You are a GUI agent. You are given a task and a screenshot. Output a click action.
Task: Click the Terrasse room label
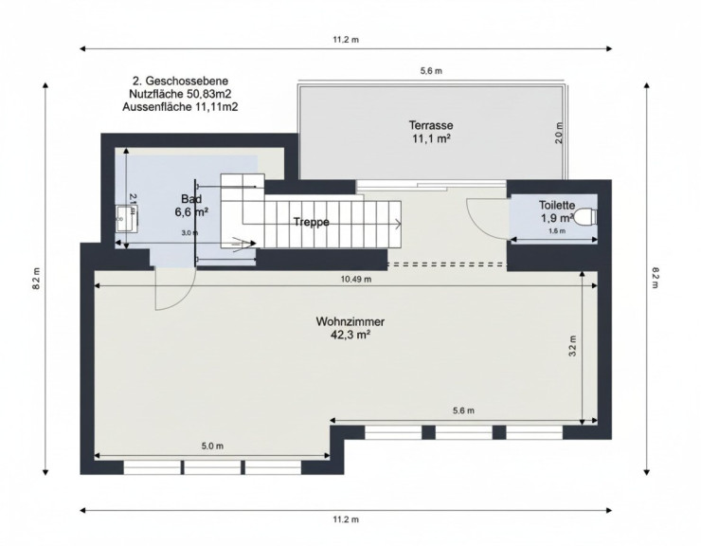[430, 125]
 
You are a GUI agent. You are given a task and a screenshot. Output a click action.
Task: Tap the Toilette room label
[557, 206]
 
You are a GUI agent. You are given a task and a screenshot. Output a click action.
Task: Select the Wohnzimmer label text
[350, 321]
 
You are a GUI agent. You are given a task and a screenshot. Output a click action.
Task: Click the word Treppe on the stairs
[312, 222]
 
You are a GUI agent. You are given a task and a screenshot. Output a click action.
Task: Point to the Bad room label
[191, 199]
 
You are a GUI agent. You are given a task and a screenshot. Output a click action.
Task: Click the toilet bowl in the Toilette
[586, 217]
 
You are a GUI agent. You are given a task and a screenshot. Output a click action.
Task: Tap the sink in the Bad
[127, 218]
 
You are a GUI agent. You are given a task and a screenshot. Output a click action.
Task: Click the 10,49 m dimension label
[356, 280]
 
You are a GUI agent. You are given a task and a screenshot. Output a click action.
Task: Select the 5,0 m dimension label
[212, 446]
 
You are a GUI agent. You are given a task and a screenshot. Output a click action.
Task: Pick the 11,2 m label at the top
[346, 40]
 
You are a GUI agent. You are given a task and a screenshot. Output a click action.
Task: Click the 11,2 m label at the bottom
[346, 519]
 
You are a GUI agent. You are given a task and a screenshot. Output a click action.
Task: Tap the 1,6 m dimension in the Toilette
[557, 231]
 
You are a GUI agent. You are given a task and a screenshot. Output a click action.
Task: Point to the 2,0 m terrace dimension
[559, 133]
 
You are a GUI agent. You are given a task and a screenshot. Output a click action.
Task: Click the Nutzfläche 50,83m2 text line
[180, 94]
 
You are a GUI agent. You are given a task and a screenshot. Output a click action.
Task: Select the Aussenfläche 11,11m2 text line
[180, 107]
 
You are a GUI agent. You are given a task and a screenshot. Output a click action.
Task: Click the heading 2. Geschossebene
[180, 81]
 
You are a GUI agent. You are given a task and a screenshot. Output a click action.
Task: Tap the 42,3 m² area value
[351, 335]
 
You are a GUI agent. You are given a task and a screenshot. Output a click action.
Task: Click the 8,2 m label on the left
[37, 279]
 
